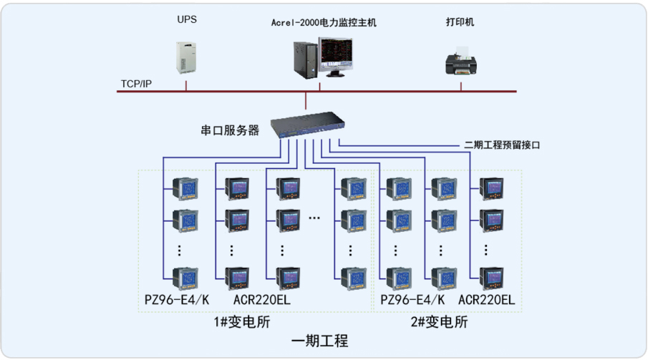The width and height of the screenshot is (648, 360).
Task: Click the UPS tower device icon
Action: click(x=186, y=59)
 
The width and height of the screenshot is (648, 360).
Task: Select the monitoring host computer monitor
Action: click(x=336, y=57)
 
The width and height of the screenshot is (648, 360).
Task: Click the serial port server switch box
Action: click(x=306, y=125)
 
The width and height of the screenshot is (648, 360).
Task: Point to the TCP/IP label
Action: click(x=136, y=84)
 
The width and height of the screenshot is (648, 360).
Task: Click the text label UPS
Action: click(x=187, y=20)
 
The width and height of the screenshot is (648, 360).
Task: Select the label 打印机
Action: click(x=460, y=22)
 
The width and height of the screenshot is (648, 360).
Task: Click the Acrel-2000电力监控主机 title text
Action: click(x=324, y=23)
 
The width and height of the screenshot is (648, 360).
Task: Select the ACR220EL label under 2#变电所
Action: click(x=487, y=299)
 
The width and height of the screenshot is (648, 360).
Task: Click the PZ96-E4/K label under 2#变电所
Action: click(x=412, y=299)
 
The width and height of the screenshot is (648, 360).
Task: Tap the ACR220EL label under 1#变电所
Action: click(x=262, y=299)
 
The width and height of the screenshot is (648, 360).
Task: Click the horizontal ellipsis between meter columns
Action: click(x=316, y=215)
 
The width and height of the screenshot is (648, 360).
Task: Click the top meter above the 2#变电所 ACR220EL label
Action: click(x=492, y=188)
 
